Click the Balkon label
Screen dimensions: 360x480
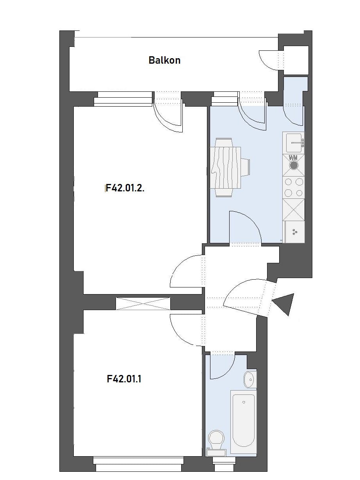point(164,60)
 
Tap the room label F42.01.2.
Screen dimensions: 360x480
point(125,188)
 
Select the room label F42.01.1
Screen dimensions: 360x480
point(124,379)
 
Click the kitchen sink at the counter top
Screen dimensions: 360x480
point(293,143)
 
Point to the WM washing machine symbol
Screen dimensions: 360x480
point(294,165)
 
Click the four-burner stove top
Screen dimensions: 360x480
point(294,187)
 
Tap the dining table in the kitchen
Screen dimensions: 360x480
point(225,168)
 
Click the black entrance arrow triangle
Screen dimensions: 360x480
point(284,304)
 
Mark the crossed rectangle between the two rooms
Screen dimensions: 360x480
point(143,303)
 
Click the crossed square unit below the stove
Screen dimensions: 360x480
point(294,210)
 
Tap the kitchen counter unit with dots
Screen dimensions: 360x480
point(294,232)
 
